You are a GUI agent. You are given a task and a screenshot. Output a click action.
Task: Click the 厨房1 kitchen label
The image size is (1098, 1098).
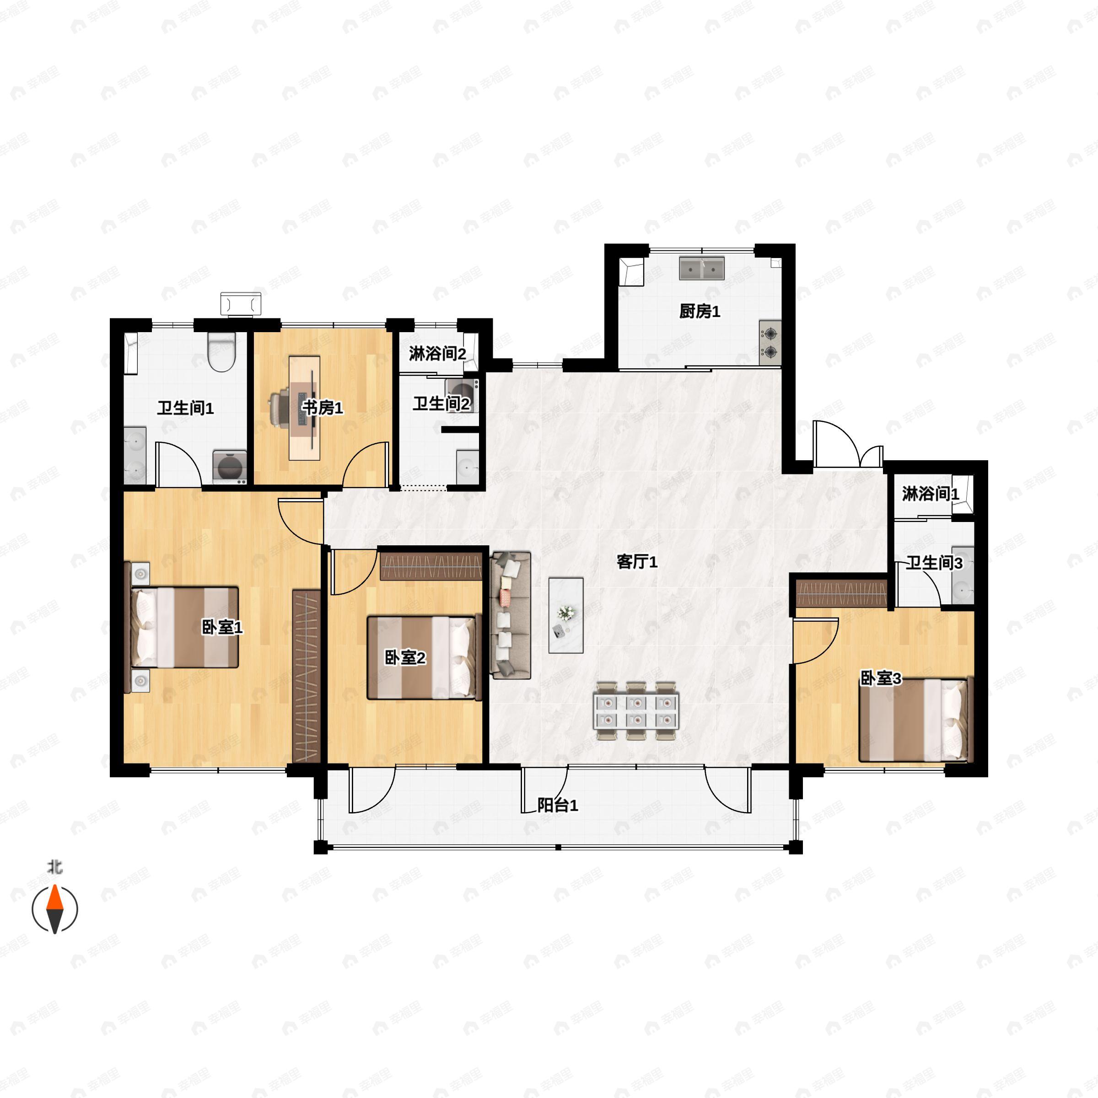coord(700,312)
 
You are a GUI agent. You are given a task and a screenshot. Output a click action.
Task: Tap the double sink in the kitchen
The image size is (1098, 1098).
coord(702,268)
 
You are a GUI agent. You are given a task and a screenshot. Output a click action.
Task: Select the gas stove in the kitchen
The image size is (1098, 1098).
coord(770,343)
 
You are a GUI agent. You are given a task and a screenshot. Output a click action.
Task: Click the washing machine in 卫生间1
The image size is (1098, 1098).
coord(230,467)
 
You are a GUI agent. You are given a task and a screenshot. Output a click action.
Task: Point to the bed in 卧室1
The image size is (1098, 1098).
coord(185,627)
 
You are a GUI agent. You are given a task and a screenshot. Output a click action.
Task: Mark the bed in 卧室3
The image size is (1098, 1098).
coord(913,720)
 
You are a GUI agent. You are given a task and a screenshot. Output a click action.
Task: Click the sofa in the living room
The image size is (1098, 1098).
coord(511,615)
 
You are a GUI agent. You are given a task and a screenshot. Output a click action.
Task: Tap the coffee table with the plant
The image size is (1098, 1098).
coord(565,615)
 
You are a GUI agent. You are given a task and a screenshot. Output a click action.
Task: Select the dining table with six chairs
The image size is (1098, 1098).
coord(636,711)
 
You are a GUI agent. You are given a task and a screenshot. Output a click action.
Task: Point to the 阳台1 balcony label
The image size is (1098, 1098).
coord(558,805)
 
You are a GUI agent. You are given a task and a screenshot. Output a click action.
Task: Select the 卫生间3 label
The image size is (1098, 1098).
coord(934,563)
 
